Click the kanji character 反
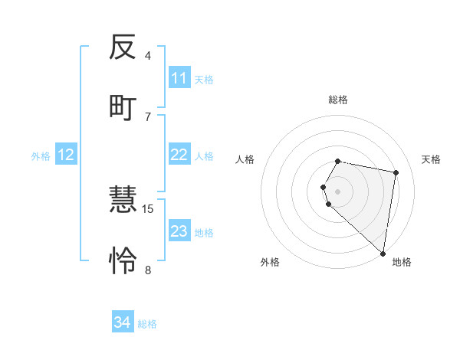point(123,47)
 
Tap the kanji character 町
point(123,106)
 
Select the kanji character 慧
point(123,201)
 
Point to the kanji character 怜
point(123,260)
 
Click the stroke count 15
point(148,208)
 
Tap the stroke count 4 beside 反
point(148,56)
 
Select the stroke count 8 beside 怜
point(148,269)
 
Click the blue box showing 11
point(179,78)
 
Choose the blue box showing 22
point(179,155)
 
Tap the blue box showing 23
point(179,231)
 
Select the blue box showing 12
point(66,155)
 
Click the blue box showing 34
point(123,322)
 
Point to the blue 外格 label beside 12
point(41,155)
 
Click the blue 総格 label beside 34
point(147,324)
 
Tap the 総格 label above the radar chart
point(338,100)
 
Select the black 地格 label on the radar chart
point(402,262)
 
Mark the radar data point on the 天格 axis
point(396,172)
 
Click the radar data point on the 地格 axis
point(383,253)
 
